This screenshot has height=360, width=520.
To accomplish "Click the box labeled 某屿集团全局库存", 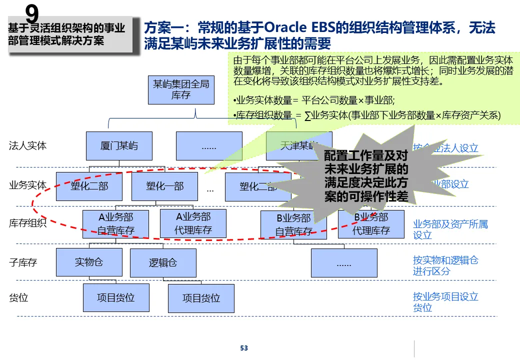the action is click(x=181, y=90).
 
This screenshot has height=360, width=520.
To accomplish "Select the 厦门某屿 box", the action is click(x=119, y=146).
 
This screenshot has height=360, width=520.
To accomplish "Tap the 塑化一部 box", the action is click(x=164, y=186).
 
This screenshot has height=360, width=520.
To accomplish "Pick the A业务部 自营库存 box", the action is click(x=115, y=223).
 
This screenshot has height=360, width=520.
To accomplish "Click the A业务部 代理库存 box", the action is click(x=193, y=223).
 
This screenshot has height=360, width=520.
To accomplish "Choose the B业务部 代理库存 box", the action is click(x=371, y=224).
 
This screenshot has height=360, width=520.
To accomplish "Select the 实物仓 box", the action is click(x=89, y=262).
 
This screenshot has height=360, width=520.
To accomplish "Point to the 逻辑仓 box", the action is click(x=163, y=263).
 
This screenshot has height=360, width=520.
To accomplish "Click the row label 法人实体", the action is click(x=28, y=146).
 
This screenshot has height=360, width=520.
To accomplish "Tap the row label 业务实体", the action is click(x=28, y=185).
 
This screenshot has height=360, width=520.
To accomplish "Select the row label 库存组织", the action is click(x=28, y=223).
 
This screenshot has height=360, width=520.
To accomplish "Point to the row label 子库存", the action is click(x=23, y=262).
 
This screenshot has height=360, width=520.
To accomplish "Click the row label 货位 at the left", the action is click(x=18, y=297).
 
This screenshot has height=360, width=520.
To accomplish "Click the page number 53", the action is click(x=244, y=348).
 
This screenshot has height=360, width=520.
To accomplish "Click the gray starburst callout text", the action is click(x=366, y=176).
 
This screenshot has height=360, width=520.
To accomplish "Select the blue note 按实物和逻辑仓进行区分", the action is click(x=445, y=265).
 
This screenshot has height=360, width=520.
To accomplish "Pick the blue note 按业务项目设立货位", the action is click(x=445, y=302).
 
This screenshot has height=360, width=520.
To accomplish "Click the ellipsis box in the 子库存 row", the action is click(x=344, y=263).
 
